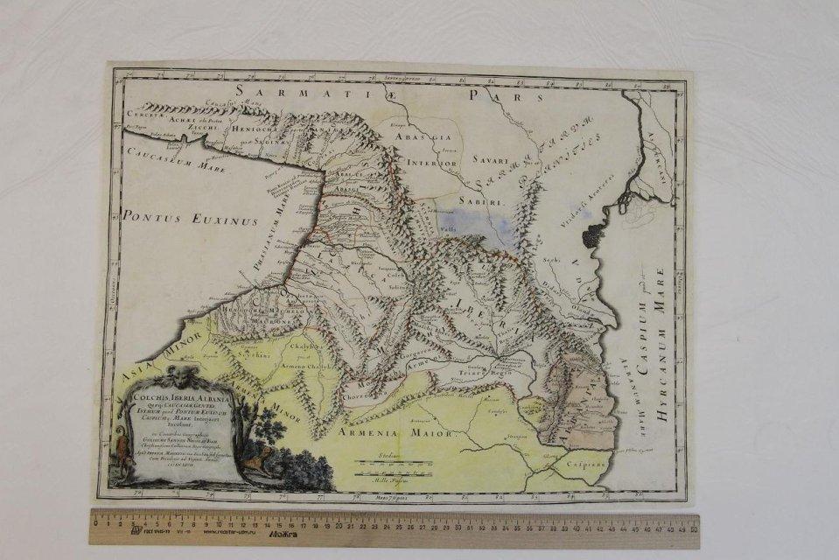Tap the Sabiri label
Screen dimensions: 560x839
tap(488, 200)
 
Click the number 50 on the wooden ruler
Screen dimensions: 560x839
tap(693, 528)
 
